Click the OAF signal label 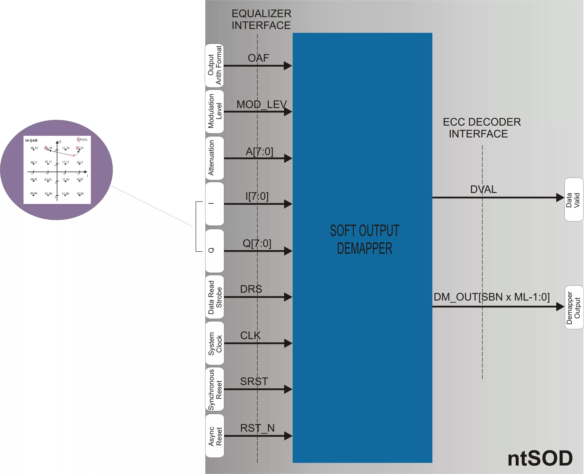258,58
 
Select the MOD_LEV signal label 261,104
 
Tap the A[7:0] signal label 259,151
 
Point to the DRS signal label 251,289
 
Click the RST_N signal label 257,428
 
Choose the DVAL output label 483,189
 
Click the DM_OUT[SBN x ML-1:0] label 491,297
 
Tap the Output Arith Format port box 215,65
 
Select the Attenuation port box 215,158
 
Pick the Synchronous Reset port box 215,389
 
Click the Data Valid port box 574,200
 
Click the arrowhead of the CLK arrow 288,343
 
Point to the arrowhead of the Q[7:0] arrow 288,251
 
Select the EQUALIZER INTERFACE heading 261,19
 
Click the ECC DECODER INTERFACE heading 482,128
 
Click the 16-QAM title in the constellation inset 31,140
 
